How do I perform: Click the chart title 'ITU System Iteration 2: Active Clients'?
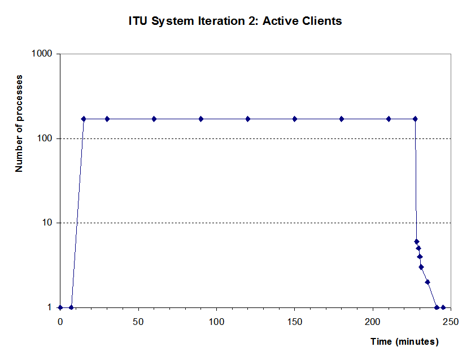235,21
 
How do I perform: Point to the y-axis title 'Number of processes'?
19,124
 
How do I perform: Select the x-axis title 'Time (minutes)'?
404,342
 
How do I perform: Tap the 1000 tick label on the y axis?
42,54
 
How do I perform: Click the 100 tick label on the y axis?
45,138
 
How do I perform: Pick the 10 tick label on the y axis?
47,223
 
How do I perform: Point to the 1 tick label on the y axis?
49,307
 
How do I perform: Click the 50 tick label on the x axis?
138,322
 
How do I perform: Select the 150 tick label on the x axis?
294,322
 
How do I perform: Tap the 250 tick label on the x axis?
451,322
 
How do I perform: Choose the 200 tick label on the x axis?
373,322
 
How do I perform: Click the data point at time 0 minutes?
60,307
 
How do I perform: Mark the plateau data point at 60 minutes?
154,119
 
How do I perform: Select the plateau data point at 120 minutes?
248,119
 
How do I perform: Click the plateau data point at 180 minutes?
342,119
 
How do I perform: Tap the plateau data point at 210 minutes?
389,119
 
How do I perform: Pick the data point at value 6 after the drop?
417,242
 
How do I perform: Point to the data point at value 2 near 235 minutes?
428,282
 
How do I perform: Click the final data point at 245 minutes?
443,307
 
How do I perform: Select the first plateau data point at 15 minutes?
84,119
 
